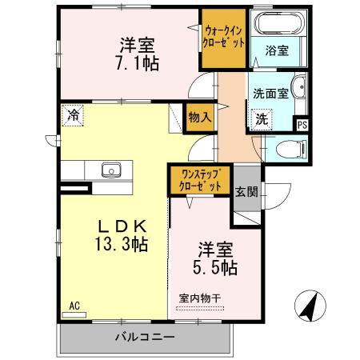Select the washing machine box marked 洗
click(262, 119)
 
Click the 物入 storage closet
click(200, 117)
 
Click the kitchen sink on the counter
click(110, 170)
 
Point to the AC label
click(74, 305)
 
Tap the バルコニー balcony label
click(145, 338)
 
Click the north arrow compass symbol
click(309, 306)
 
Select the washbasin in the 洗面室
click(298, 89)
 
